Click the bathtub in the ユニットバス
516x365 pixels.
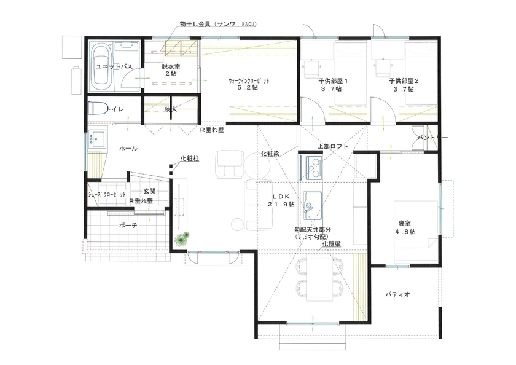pos(101,67)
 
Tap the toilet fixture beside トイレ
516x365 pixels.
pos(96,108)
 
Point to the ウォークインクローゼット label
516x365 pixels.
pos(248,81)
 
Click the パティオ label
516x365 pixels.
pos(397,295)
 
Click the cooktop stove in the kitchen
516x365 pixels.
pos(312,165)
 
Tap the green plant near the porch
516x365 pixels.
pos(181,239)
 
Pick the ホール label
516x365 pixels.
pos(128,149)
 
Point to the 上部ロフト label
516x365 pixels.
pos(333,146)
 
